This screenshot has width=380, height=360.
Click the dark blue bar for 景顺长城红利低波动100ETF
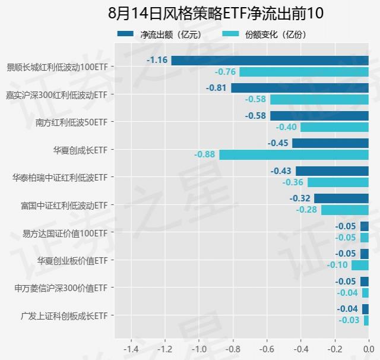pyautogui.click(x=270, y=61)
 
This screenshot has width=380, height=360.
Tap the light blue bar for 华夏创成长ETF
pyautogui.click(x=294, y=154)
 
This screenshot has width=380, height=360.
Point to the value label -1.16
pyautogui.click(x=157, y=60)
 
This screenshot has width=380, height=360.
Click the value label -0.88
pyautogui.click(x=205, y=154)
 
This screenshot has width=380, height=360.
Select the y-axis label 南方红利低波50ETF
pyautogui.click(x=72, y=122)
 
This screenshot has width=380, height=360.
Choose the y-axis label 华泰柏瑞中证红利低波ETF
pyautogui.click(x=61, y=177)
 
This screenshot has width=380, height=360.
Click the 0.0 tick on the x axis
pyautogui.click(x=368, y=348)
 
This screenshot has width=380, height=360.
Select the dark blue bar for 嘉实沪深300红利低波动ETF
pyautogui.click(x=300, y=88)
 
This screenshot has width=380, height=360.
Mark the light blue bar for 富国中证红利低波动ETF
pyautogui.click(x=345, y=210)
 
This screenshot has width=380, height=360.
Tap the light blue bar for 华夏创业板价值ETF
pyautogui.click(x=360, y=265)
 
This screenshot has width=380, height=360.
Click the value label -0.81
pyautogui.click(x=217, y=88)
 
